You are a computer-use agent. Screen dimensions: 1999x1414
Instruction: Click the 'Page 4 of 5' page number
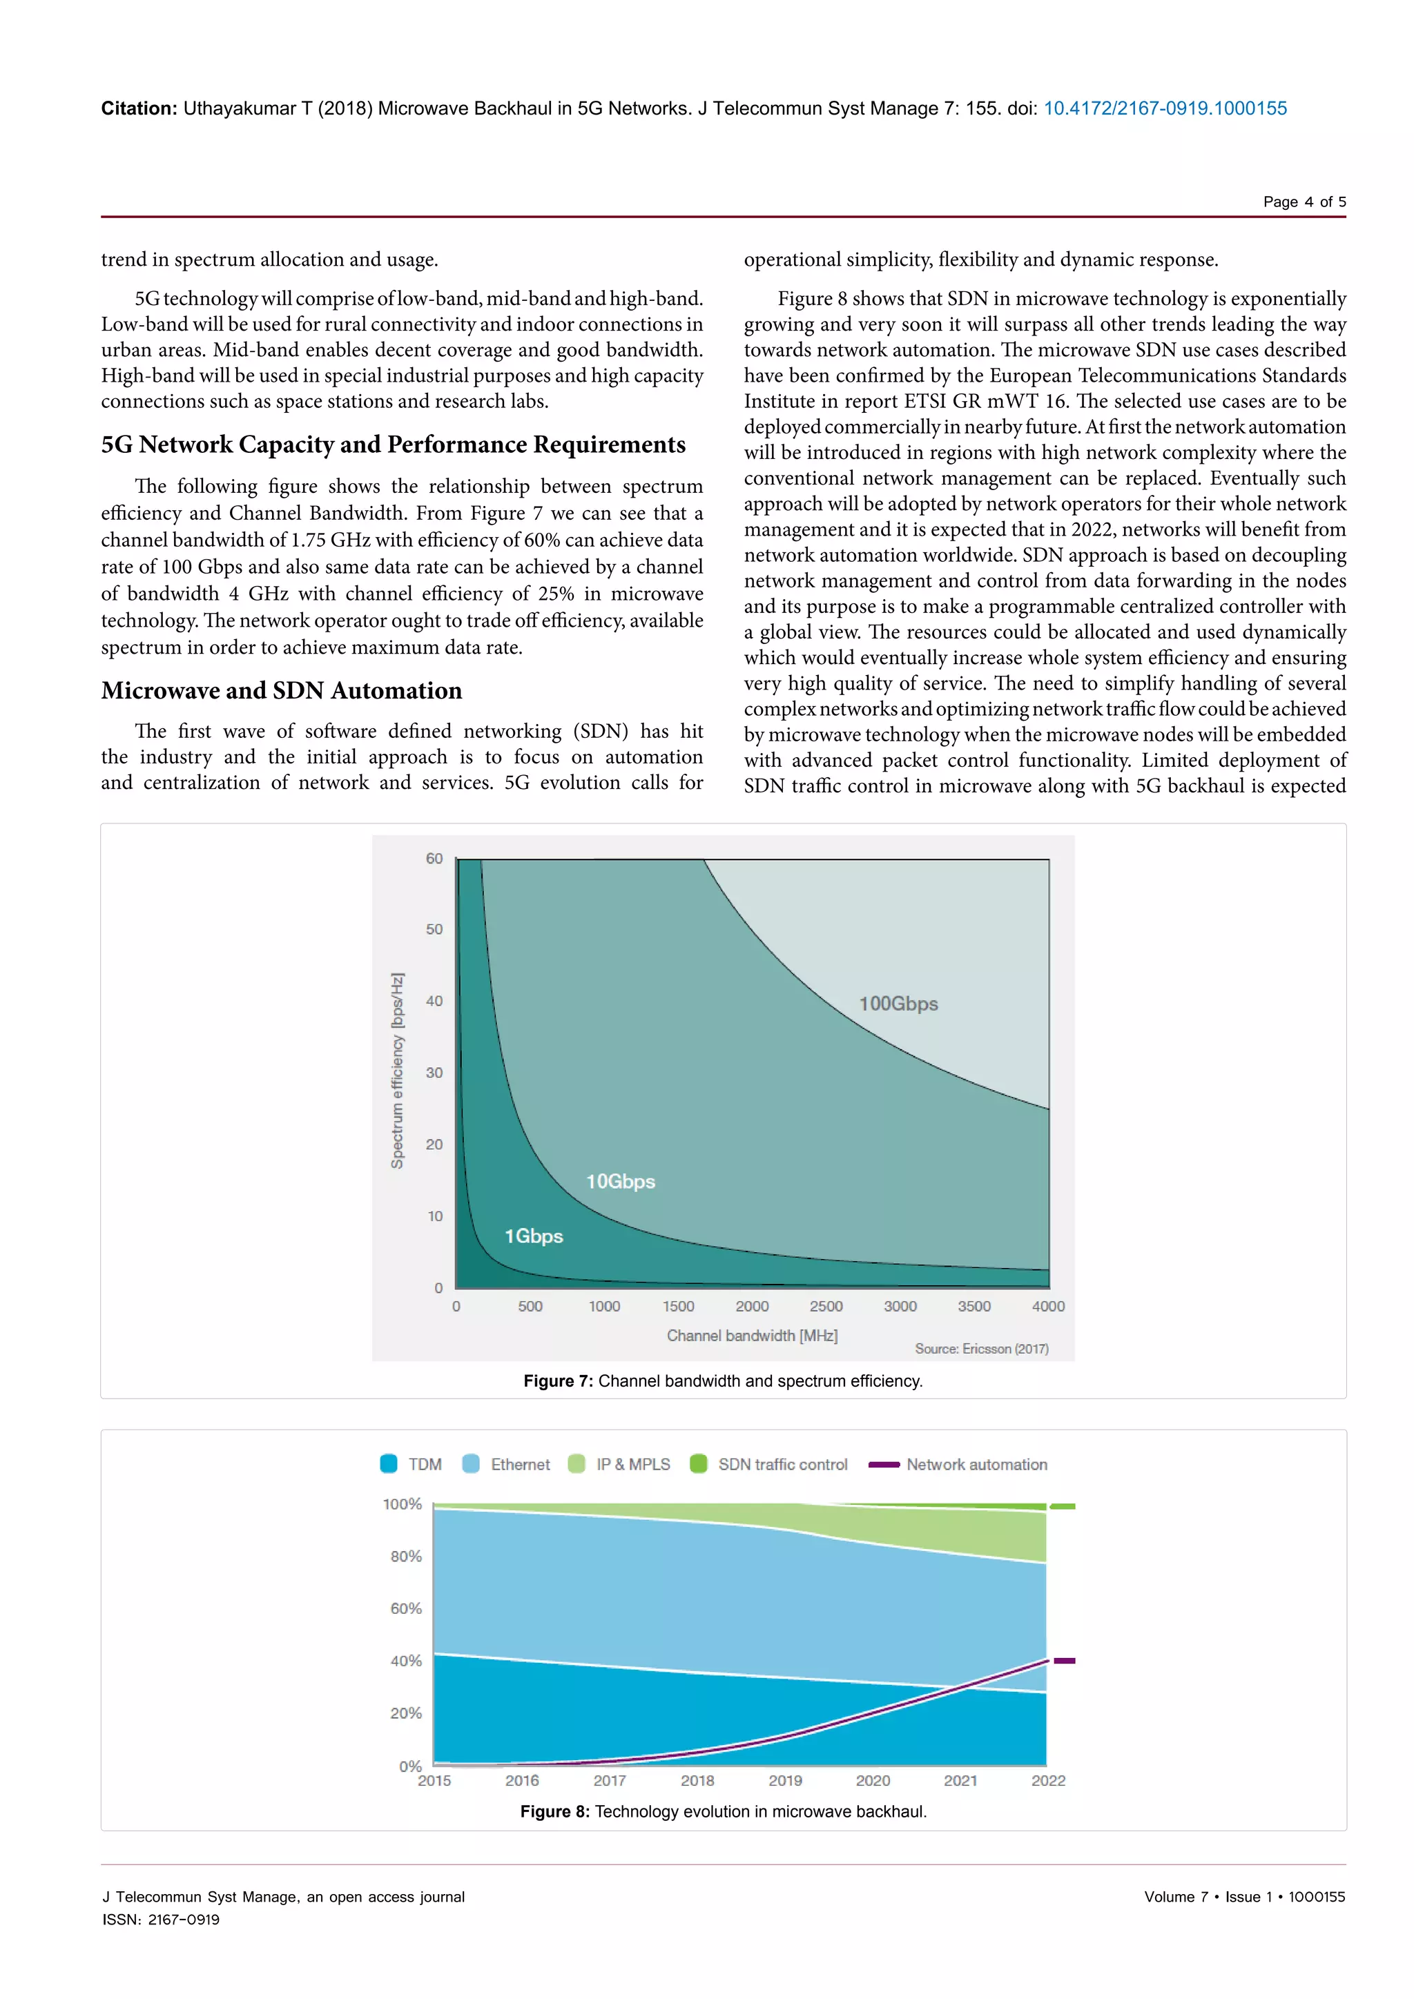[x=1304, y=202]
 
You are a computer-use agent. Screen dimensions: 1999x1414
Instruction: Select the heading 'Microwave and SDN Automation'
[x=281, y=690]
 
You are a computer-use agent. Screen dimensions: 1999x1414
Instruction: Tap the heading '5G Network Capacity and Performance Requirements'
[x=393, y=445]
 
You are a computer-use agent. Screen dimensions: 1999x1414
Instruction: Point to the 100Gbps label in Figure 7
[x=898, y=1004]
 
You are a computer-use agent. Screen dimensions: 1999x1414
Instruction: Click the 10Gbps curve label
[x=620, y=1182]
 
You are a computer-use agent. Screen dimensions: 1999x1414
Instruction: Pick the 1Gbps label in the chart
[x=534, y=1236]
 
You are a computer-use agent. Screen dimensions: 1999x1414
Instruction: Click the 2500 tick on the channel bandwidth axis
[x=826, y=1306]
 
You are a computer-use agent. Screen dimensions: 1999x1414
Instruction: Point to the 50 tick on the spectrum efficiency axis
[x=434, y=929]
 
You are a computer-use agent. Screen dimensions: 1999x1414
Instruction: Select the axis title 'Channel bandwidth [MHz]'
[x=751, y=1336]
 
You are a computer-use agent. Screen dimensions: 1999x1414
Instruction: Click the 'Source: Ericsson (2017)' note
[x=981, y=1349]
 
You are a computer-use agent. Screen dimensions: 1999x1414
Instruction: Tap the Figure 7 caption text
[x=723, y=1381]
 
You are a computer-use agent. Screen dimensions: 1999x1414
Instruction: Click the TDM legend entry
[x=411, y=1465]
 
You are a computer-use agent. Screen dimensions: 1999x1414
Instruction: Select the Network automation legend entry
[x=958, y=1465]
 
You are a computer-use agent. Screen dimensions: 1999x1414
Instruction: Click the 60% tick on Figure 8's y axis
[x=406, y=1608]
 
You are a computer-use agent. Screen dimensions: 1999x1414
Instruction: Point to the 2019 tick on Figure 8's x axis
[x=784, y=1780]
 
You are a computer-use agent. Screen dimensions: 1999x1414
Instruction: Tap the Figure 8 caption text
[x=723, y=1812]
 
